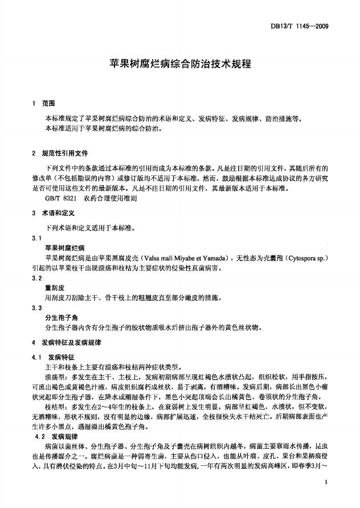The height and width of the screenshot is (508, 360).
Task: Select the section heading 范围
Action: [49, 103]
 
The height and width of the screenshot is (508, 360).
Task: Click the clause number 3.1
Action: [38, 237]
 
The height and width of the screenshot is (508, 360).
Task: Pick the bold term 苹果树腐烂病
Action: [65, 248]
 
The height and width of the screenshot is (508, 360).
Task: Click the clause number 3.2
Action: [38, 277]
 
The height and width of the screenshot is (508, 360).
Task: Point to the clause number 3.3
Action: [38, 308]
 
